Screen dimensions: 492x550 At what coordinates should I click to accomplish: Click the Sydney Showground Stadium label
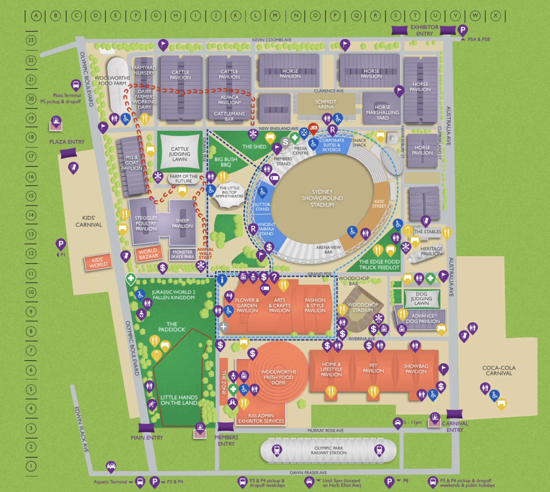(322, 198)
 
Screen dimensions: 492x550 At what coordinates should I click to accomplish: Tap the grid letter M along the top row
(275, 16)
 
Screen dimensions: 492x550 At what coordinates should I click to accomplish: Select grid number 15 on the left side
(31, 196)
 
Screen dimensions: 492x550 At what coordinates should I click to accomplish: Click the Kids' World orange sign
(98, 263)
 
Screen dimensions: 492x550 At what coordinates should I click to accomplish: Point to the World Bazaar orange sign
(148, 254)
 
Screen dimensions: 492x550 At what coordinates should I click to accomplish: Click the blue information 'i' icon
(222, 280)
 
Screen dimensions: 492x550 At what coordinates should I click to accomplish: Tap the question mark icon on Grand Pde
(274, 277)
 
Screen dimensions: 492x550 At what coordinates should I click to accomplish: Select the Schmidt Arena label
(326, 104)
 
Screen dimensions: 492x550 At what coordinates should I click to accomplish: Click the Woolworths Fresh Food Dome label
(278, 377)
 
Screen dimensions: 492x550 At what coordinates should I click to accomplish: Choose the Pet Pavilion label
(373, 368)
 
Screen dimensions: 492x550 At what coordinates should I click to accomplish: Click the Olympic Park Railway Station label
(329, 450)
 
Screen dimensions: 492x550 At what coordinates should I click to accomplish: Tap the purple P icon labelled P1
(60, 244)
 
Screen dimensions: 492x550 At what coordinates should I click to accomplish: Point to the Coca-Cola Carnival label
(499, 370)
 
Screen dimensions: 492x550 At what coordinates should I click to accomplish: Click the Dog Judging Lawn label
(421, 299)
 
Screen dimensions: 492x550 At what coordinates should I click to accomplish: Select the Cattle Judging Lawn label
(179, 154)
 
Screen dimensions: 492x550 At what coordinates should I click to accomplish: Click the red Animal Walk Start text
(205, 253)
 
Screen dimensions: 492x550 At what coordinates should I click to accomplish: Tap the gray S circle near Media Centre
(285, 142)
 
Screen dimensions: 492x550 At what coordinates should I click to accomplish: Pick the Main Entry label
(147, 438)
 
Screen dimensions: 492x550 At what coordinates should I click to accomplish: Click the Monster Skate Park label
(182, 254)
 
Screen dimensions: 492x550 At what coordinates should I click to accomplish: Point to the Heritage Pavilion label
(431, 251)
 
